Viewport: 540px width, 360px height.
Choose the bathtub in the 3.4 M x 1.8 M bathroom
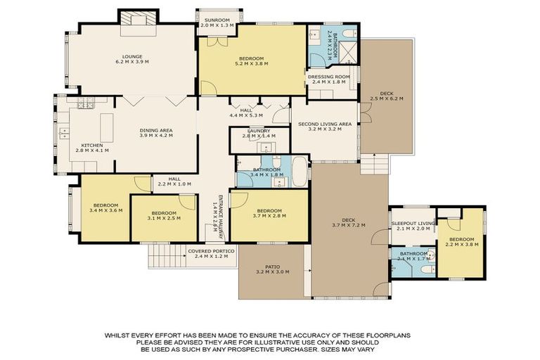click(300, 172)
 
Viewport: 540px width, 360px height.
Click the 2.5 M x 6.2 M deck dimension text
click(387, 98)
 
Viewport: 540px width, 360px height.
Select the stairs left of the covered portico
click(166, 257)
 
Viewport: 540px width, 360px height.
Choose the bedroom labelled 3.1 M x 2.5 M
click(164, 214)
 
